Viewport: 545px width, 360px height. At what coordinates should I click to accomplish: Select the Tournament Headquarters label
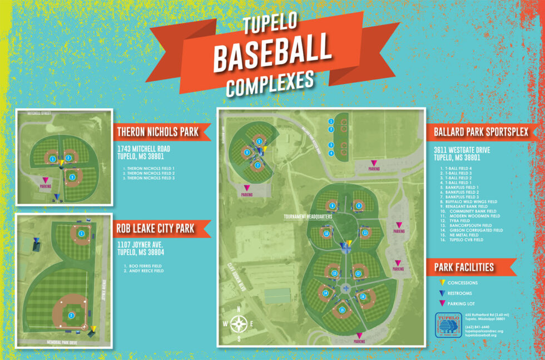pyautogui.click(x=308, y=216)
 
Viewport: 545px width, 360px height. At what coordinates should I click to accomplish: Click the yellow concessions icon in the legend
pyautogui.click(x=443, y=283)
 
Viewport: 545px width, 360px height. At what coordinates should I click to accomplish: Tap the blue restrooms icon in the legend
pyautogui.click(x=443, y=293)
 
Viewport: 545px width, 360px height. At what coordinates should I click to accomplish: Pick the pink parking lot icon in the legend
pyautogui.click(x=443, y=303)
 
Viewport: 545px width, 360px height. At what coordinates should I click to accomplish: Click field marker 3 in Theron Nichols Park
pyautogui.click(x=72, y=177)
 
